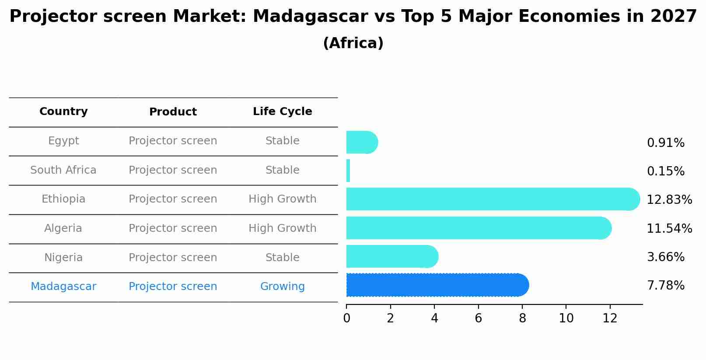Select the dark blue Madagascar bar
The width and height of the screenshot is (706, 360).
pyautogui.click(x=437, y=285)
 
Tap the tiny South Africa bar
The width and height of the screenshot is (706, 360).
pyautogui.click(x=348, y=171)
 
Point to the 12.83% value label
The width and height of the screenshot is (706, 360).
pyautogui.click(x=669, y=200)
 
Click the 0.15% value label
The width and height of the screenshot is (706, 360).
pyautogui.click(x=665, y=171)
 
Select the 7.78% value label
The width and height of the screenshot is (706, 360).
pyautogui.click(x=665, y=286)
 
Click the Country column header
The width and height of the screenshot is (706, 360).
pyautogui.click(x=63, y=112)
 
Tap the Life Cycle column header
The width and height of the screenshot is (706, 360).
pyautogui.click(x=282, y=112)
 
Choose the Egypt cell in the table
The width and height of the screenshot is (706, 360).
pyautogui.click(x=63, y=141)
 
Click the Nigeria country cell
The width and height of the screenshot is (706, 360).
pyautogui.click(x=63, y=258)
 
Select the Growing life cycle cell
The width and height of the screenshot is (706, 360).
pyautogui.click(x=282, y=287)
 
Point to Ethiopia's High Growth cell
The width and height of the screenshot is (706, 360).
pyautogui.click(x=282, y=199)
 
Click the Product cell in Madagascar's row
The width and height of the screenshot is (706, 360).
pyautogui.click(x=173, y=287)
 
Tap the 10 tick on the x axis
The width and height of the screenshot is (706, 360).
pyautogui.click(x=566, y=318)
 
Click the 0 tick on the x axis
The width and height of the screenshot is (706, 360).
pyautogui.click(x=346, y=318)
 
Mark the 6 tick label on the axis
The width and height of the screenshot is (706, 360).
pyautogui.click(x=478, y=318)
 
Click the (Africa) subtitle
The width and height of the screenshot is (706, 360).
pyautogui.click(x=353, y=43)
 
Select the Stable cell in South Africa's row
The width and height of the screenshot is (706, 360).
pyautogui.click(x=282, y=170)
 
